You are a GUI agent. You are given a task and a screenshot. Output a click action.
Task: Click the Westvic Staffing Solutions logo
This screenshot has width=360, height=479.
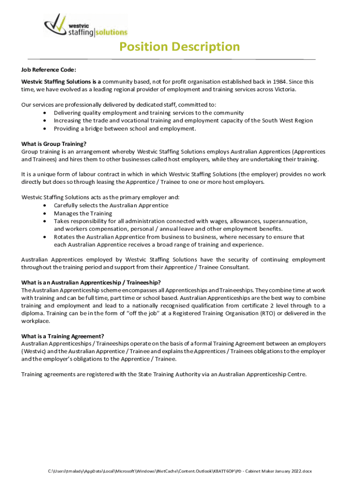point(85,25)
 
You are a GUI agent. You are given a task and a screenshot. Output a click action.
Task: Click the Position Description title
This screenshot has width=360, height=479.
point(180,47)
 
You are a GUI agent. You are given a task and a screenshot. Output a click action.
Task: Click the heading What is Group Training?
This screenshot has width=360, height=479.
point(54,144)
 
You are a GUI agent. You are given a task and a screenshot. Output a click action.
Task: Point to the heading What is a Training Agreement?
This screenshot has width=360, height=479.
point(63,336)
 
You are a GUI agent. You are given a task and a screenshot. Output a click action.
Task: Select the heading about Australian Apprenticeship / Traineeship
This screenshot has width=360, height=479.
point(91,282)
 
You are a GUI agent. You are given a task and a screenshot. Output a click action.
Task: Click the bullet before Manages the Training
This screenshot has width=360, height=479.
point(44,213)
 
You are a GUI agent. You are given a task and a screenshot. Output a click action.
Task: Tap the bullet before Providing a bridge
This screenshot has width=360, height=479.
point(44,129)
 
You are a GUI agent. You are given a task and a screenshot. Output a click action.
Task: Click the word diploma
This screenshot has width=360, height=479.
point(32,313)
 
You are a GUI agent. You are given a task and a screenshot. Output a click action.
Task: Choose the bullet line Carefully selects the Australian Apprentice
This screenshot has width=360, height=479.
point(111,205)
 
